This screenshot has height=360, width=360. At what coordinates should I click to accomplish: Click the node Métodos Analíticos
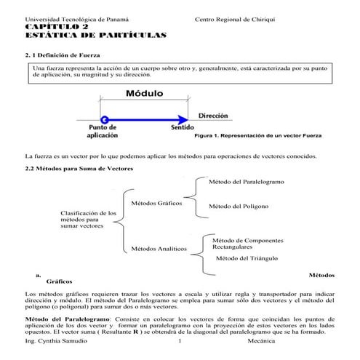[159, 249]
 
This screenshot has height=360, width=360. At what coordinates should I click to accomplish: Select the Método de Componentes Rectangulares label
[242, 244]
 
